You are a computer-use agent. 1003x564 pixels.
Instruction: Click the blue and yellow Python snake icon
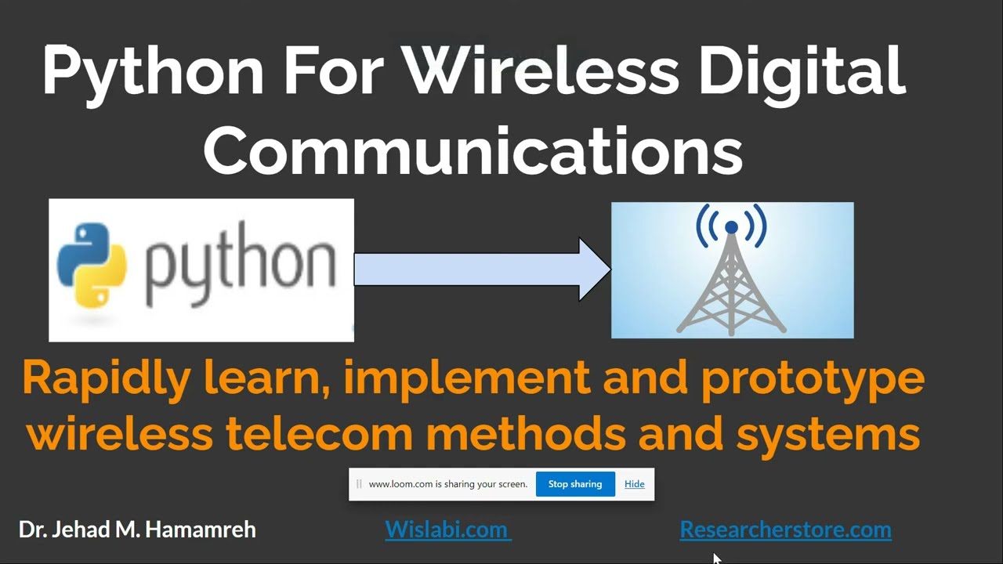pos(92,266)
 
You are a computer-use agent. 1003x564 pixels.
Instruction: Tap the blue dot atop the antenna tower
pos(731,227)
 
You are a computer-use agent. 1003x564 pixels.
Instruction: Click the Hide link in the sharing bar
pos(634,484)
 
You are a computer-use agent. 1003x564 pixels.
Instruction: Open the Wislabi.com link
pos(447,530)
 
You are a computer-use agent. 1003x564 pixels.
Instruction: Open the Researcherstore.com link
pos(785,530)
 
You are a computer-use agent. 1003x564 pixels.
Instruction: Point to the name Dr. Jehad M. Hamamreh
pos(137,530)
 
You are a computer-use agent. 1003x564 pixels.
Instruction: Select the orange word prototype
pos(813,379)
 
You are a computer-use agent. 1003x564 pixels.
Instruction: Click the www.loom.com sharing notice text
pos(447,484)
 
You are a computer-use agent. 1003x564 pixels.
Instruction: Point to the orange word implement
pos(466,379)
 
